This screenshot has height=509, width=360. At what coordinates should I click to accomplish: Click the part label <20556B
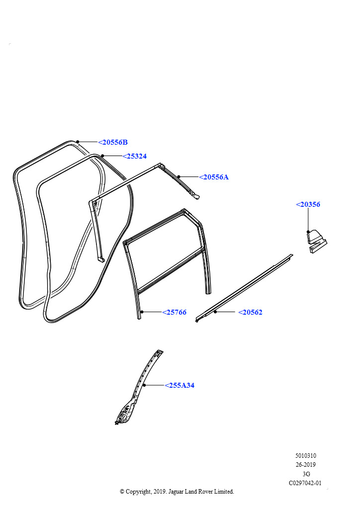pyautogui.click(x=113, y=142)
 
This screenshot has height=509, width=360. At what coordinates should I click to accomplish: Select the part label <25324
pyautogui.click(x=134, y=156)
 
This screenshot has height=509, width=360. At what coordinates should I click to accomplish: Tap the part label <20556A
pyautogui.click(x=214, y=177)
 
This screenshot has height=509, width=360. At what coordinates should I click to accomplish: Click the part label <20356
pyautogui.click(x=308, y=204)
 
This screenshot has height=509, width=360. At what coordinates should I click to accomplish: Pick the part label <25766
pyautogui.click(x=175, y=312)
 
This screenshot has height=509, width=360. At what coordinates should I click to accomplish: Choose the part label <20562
pyautogui.click(x=250, y=312)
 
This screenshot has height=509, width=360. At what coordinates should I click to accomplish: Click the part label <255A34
pyautogui.click(x=180, y=385)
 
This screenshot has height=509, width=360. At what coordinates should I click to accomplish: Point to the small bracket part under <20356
pyautogui.click(x=317, y=241)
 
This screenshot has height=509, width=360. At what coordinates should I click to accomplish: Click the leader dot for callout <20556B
pyautogui.click(x=78, y=142)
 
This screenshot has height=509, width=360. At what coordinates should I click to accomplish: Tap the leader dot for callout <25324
pyautogui.click(x=102, y=156)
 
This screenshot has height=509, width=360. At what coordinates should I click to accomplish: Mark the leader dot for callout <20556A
pyautogui.click(x=179, y=176)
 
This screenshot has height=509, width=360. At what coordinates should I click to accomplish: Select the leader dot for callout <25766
pyautogui.click(x=142, y=312)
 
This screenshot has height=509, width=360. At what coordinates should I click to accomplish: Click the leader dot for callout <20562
pyautogui.click(x=215, y=312)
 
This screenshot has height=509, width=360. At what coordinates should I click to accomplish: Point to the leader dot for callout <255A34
pyautogui.click(x=145, y=385)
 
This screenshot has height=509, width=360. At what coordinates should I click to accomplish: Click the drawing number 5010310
pyautogui.click(x=305, y=456)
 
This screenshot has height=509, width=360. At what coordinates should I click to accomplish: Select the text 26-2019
pyautogui.click(x=305, y=465)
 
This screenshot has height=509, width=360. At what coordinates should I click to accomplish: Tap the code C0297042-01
pyautogui.click(x=305, y=483)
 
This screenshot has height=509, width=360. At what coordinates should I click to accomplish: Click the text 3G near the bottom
pyautogui.click(x=306, y=474)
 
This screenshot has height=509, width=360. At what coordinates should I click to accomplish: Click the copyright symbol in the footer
pyautogui.click(x=122, y=492)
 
